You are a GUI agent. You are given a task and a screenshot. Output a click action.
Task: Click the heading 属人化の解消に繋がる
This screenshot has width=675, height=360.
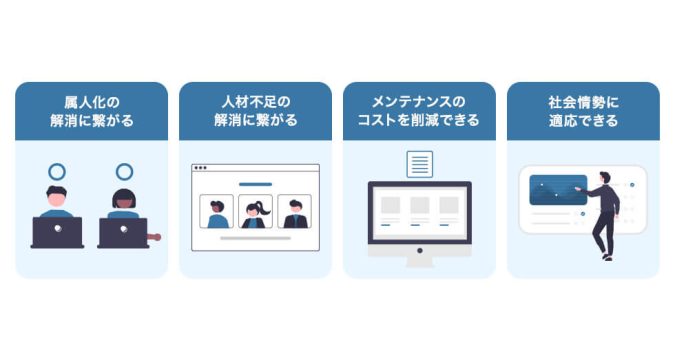[x=91, y=111]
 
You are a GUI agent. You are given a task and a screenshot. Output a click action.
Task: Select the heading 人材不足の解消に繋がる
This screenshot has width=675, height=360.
[x=255, y=111]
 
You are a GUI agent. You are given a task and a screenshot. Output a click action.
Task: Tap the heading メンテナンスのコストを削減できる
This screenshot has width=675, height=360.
[x=419, y=111]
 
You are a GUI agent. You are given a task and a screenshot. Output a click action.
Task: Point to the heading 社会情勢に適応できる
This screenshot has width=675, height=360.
[x=583, y=111]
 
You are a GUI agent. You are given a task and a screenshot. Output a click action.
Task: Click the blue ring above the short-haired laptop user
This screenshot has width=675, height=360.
[x=57, y=172]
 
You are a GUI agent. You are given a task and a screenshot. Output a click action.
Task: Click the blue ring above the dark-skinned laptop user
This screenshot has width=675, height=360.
[x=124, y=172]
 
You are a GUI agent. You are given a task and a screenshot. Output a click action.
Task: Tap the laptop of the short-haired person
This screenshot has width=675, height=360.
[x=57, y=232]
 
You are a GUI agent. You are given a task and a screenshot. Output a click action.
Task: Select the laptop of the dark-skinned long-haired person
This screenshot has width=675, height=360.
[x=123, y=232]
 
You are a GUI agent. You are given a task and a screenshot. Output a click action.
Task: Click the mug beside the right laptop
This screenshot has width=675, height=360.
[x=154, y=237]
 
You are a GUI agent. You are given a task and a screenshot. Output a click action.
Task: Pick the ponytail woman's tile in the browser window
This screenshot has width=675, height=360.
[x=255, y=212]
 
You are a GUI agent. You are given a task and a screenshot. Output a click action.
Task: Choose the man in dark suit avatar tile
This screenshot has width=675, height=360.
[x=294, y=212]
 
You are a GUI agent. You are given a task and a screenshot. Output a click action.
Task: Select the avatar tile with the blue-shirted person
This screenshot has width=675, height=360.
[x=216, y=212]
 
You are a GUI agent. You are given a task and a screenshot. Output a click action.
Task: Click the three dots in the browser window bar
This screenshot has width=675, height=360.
[x=200, y=168]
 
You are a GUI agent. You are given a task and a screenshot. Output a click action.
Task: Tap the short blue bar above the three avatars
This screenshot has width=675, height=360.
[x=255, y=184]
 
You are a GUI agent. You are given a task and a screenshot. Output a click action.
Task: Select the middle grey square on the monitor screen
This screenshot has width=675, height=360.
[x=420, y=205]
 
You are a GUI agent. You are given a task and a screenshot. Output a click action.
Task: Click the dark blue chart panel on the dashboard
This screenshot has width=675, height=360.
[x=557, y=189]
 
